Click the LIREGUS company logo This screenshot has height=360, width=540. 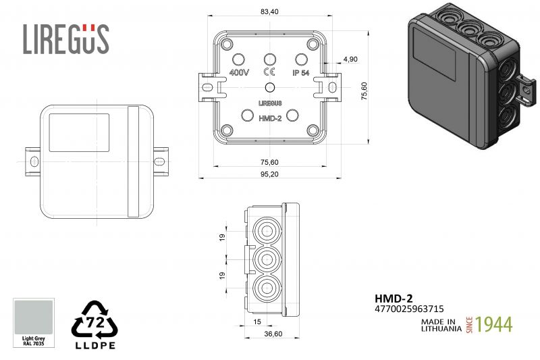pos(66,38)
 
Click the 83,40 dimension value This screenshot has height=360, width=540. pos(269,11)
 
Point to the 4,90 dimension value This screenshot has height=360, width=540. pos(350,59)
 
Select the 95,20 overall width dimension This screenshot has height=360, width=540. pos(269,174)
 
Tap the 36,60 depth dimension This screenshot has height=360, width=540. pos(273,334)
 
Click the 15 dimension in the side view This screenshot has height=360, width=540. pos(257,322)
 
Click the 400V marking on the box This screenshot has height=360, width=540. pos(239,73)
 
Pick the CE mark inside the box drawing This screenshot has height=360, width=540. pos(269,72)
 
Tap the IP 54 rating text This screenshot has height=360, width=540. pos(301,73)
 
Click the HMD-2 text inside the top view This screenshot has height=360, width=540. pos(270,118)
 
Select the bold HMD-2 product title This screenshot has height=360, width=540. pos(394,299)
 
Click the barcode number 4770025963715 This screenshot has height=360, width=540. pos(409,309)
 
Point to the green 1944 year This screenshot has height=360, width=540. pos(494,324)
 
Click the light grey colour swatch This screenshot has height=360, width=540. pos(33,317)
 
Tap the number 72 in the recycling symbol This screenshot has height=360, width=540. pos(94,322)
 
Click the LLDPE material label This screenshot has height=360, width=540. pos(95,345)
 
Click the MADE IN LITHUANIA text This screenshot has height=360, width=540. pos(441,325)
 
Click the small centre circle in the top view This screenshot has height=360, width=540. pos(270,88)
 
